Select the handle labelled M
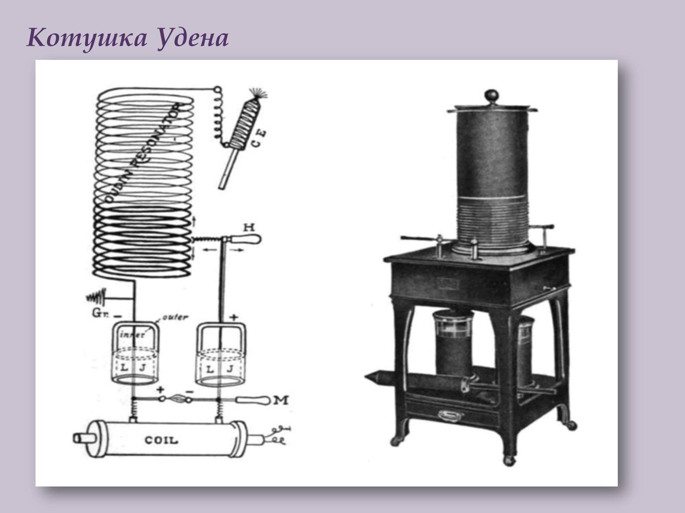(253, 401)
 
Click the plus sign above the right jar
(234, 318)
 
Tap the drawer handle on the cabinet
(447, 413)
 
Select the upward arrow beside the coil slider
(195, 221)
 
